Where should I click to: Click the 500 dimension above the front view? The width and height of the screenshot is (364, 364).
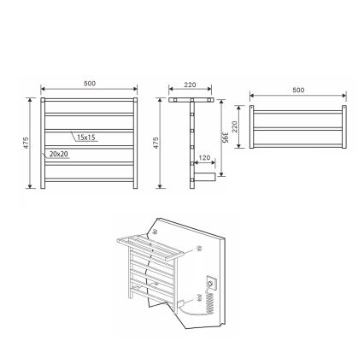tap(90, 84)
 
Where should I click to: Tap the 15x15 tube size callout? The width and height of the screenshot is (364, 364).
tap(85, 137)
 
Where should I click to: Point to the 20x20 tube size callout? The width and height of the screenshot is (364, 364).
tap(59, 154)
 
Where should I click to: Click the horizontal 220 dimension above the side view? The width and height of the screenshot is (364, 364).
tap(190, 85)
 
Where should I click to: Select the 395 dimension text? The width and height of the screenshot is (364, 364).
tap(226, 138)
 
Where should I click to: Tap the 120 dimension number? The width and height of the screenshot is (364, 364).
tap(204, 158)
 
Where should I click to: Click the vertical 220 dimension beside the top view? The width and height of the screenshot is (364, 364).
tap(234, 126)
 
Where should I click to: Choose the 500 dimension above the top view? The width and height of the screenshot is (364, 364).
tap(298, 90)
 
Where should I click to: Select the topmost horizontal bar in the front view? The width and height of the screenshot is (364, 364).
tap(90, 102)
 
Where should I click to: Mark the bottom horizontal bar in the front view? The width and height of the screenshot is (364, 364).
tap(90, 179)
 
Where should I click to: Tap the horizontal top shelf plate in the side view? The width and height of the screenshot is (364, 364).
tap(190, 99)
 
